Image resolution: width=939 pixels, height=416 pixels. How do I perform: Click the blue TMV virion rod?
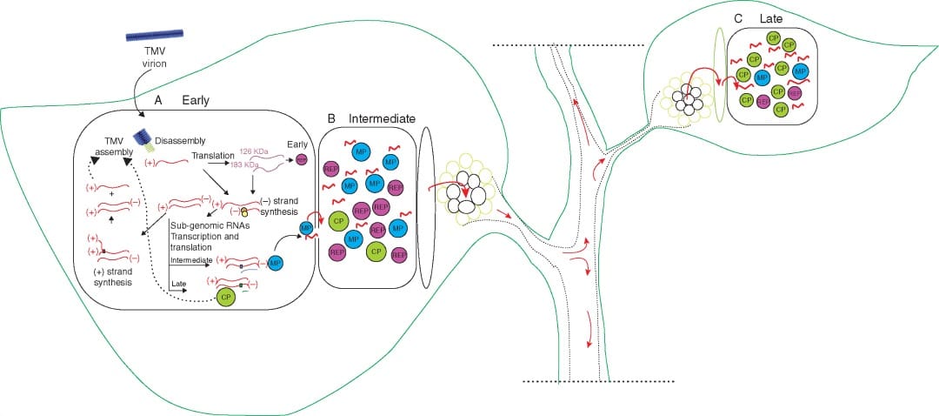point(154,37)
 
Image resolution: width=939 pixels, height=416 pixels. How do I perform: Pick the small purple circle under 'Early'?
point(301,160)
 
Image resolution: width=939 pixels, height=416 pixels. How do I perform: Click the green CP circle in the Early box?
point(227,298)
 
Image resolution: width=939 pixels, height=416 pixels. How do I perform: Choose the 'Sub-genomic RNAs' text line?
point(200,225)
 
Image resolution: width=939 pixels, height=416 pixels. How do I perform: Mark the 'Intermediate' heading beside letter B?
point(382,117)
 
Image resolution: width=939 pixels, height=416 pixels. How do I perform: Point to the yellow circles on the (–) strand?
point(245,211)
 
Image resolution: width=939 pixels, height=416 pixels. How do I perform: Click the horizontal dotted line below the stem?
point(599,381)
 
